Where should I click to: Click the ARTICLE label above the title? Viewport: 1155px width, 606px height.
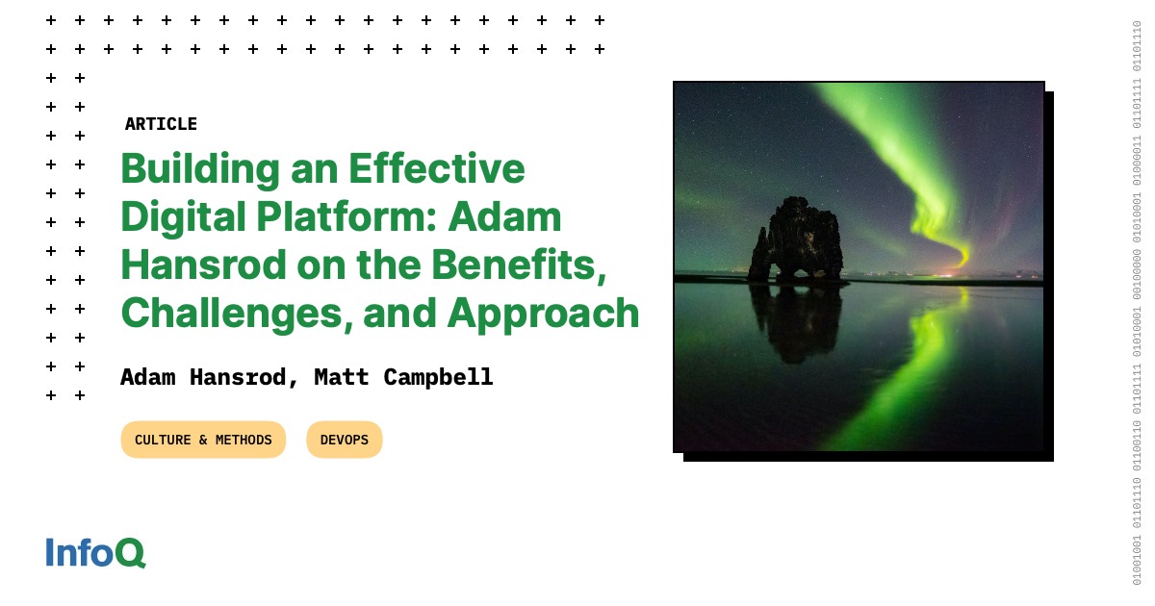point(161,124)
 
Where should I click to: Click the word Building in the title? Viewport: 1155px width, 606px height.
point(200,169)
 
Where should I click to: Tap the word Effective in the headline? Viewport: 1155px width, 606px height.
point(437,168)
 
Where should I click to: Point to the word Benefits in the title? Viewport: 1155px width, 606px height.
point(518,265)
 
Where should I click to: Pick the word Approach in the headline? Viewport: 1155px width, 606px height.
point(544,314)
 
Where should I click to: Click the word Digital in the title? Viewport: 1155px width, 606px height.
point(183,217)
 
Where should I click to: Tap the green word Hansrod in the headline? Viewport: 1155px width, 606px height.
point(203,265)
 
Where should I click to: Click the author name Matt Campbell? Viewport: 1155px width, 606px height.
point(403,377)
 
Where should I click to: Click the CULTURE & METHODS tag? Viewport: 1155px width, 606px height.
point(203,440)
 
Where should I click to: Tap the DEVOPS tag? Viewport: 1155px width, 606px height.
point(345,440)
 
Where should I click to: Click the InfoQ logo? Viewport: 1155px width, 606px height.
point(96,552)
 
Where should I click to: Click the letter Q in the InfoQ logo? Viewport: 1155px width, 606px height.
point(130,553)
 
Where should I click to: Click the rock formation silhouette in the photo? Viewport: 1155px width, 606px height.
point(797,240)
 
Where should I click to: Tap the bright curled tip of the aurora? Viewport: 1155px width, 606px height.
point(961,256)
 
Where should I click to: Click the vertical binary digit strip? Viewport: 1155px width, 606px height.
point(1137,303)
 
